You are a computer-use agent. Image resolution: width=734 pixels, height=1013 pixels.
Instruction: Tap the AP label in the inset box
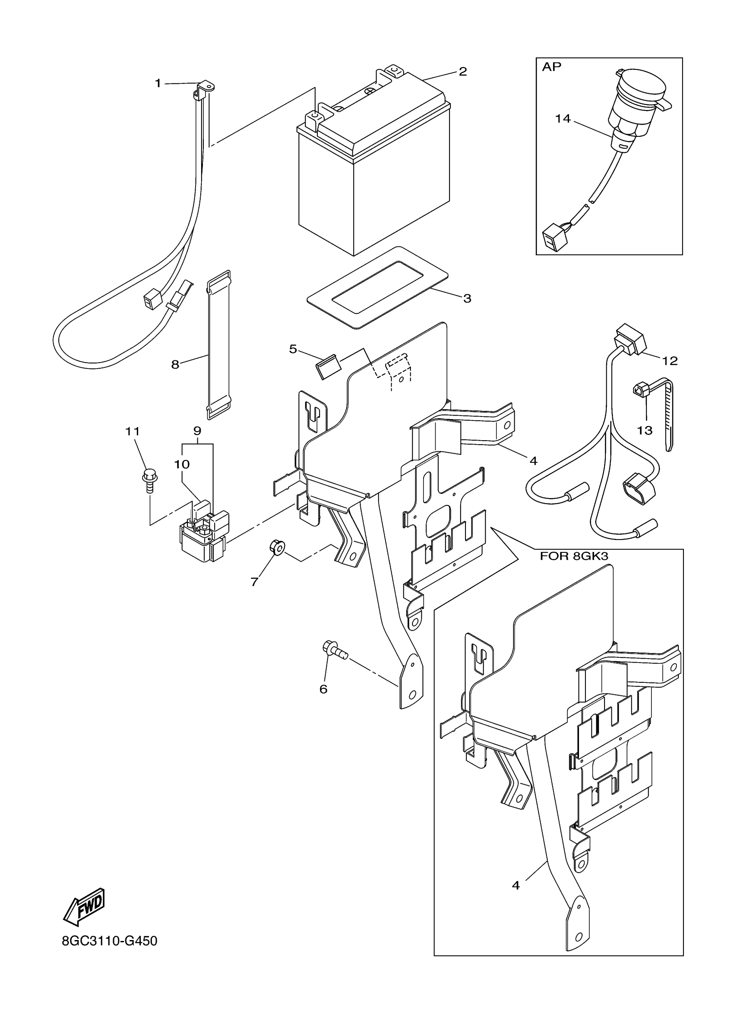click(x=551, y=67)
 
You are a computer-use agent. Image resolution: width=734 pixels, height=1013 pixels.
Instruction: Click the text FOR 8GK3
click(x=574, y=556)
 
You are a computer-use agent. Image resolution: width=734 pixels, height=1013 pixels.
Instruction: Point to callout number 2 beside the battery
click(x=462, y=72)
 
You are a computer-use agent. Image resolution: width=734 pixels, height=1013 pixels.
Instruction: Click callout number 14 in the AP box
click(x=563, y=119)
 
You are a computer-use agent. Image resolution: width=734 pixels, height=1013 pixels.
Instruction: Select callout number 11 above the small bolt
click(x=132, y=431)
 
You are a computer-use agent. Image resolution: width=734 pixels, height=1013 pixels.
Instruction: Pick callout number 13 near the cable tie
click(x=645, y=430)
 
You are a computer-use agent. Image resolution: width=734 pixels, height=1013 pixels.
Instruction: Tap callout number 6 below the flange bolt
click(x=323, y=689)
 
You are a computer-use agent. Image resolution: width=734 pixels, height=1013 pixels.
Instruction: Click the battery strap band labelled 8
click(x=219, y=344)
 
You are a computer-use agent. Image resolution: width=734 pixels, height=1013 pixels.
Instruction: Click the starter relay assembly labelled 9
click(x=203, y=536)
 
